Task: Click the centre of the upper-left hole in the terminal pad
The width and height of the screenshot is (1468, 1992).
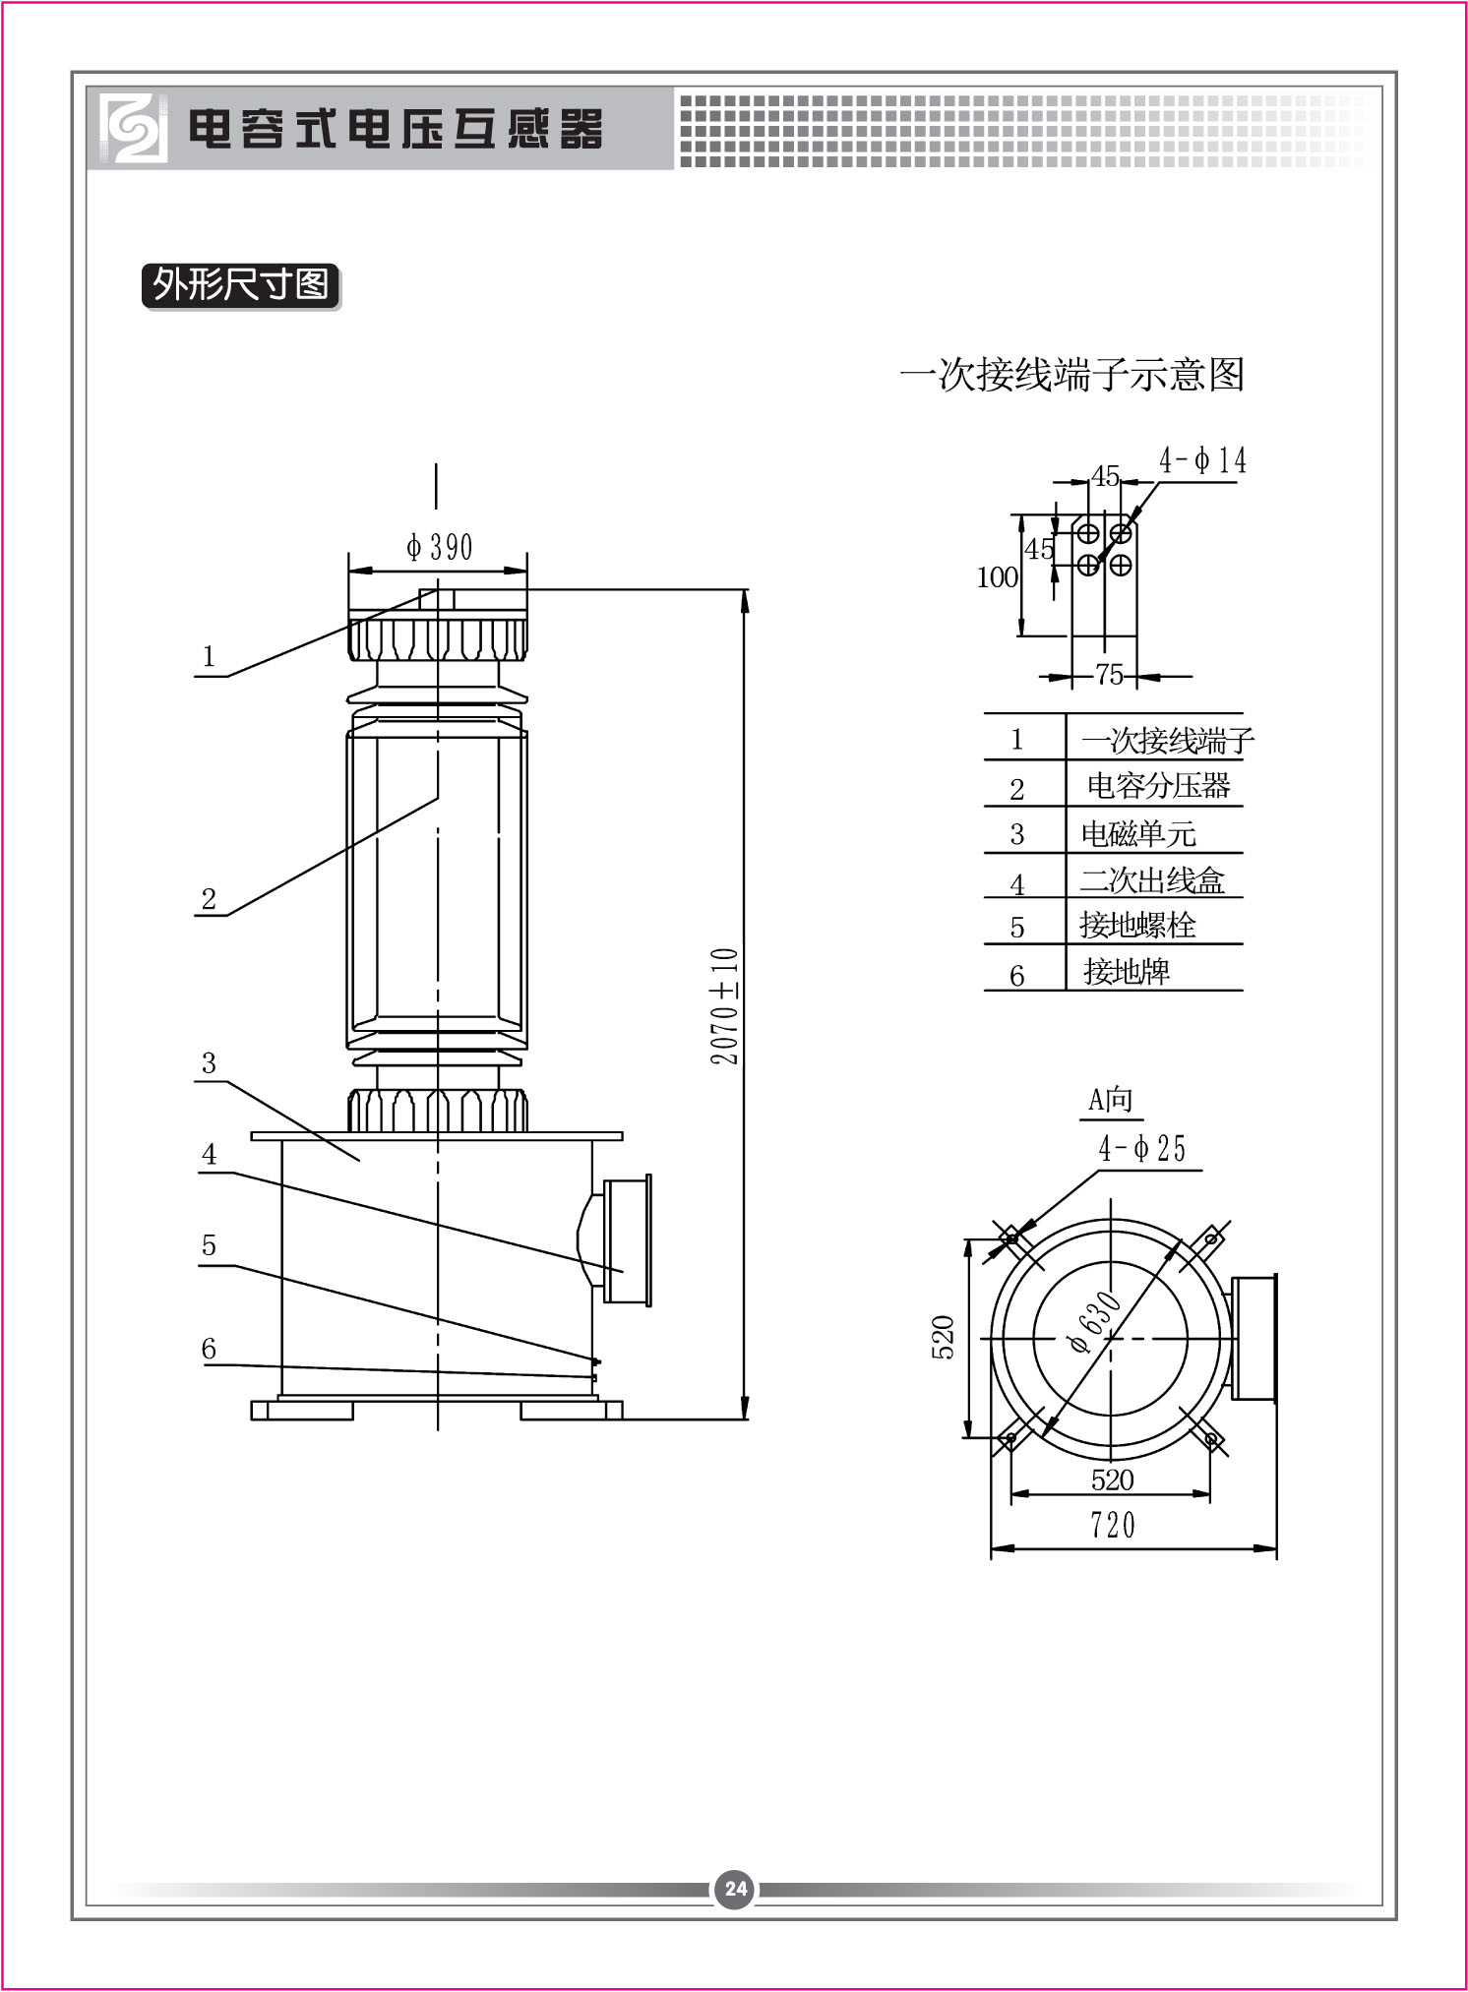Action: point(1087,533)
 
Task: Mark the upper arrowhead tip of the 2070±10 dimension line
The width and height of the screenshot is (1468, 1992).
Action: point(745,590)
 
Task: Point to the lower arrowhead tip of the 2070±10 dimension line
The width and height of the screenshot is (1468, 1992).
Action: point(745,1419)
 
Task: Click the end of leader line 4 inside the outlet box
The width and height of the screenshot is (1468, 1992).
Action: point(624,1272)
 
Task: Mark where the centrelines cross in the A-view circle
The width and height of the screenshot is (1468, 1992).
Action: point(1111,1338)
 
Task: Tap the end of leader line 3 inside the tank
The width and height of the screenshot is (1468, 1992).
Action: point(359,1161)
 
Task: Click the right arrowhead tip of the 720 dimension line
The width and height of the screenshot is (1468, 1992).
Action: point(1276,1547)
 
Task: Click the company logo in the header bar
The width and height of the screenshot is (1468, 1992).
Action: point(132,128)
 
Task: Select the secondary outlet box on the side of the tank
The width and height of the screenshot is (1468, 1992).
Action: point(616,1239)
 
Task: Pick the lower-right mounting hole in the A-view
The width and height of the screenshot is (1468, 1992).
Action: point(1211,1439)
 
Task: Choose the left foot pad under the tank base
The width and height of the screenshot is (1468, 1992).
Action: point(302,1411)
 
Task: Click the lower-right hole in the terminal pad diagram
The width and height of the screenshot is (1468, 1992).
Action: point(1121,565)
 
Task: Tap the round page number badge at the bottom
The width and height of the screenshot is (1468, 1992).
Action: point(736,1889)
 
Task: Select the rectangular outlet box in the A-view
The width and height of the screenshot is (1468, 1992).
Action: point(1252,1338)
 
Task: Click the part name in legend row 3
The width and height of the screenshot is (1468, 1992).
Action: point(1138,833)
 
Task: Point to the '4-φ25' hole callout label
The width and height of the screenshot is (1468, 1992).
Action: point(1142,1148)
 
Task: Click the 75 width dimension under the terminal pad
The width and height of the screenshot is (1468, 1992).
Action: point(1110,675)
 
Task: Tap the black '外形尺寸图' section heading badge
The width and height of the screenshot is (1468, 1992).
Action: point(241,285)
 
